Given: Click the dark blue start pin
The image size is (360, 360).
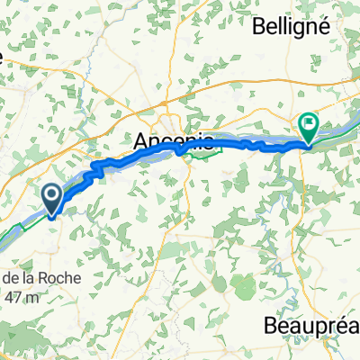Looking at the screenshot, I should click(53, 199).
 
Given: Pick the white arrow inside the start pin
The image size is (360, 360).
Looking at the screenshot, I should click(53, 194).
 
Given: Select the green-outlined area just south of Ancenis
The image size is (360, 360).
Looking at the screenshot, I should click(206, 154).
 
